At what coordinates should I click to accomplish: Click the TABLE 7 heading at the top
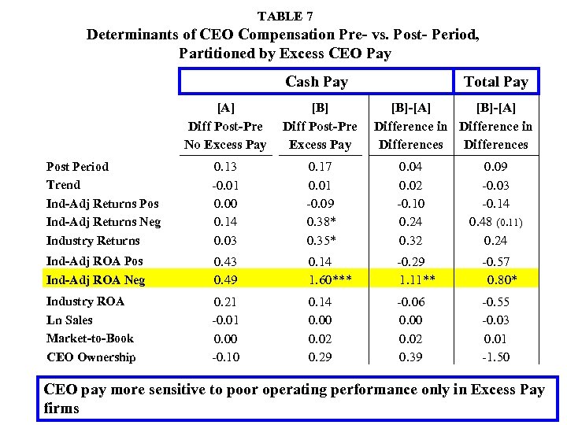point(284,16)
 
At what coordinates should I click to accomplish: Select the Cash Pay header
point(316,82)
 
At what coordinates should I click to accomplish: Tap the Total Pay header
point(495,82)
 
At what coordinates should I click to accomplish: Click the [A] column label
point(225,108)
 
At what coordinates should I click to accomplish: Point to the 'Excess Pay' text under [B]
point(320,145)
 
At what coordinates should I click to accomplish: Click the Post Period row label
point(77,166)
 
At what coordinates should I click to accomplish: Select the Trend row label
point(63,185)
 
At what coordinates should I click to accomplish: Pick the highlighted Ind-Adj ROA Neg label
point(95,279)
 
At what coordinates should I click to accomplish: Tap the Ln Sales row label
point(69,320)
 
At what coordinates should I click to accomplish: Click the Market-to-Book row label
point(90,338)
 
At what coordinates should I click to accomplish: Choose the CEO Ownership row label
point(91,357)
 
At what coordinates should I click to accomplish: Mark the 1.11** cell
point(414,279)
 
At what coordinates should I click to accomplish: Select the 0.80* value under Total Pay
point(502,279)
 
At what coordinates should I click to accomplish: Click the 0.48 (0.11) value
point(495,222)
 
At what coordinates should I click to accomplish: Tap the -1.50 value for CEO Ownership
point(495,357)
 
